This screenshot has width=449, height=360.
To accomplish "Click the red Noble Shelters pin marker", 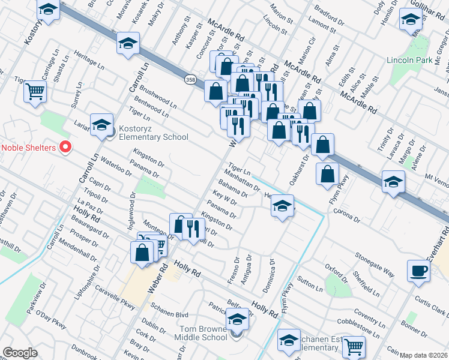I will click(x=67, y=147).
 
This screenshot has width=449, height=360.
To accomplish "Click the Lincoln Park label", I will click(x=410, y=61).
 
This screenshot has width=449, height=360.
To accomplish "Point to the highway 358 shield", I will click(x=190, y=80).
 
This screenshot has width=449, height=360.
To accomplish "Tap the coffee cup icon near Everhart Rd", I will click(x=419, y=271).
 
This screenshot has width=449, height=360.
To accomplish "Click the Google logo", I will click(x=20, y=353).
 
